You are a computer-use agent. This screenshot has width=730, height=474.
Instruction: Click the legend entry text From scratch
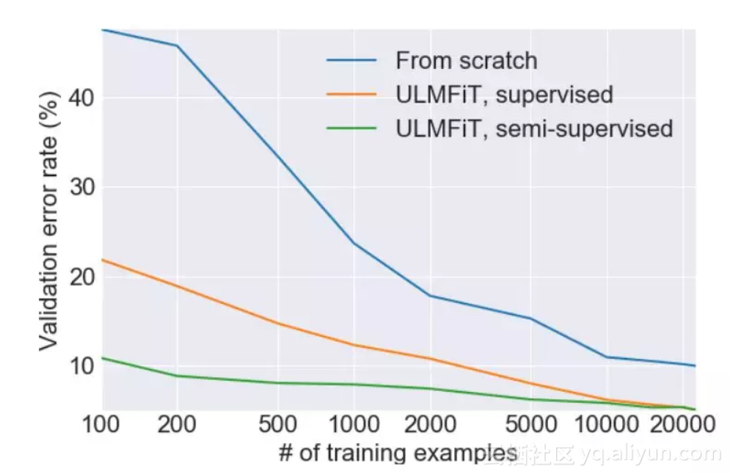click(466, 60)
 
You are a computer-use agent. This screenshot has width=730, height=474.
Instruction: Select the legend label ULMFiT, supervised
click(504, 95)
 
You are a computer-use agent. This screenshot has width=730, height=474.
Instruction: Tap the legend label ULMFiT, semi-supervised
click(534, 129)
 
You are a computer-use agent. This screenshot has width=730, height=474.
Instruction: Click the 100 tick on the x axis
click(101, 426)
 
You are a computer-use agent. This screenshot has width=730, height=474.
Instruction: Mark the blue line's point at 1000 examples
click(354, 243)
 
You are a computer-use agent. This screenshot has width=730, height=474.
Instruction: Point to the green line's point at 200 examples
click(177, 376)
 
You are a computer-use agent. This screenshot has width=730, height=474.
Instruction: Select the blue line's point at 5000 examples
click(530, 318)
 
